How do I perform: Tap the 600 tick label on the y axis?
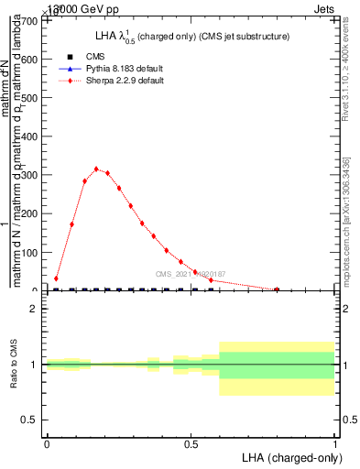pyautogui.click(x=30, y=59)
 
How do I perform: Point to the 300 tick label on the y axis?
pyautogui.click(x=30, y=174)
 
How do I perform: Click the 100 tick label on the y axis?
pyautogui.click(x=30, y=252)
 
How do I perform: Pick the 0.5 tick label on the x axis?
pyautogui.click(x=191, y=443)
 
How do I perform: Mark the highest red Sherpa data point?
pyautogui.click(x=96, y=169)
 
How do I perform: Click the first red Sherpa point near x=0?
pyautogui.click(x=56, y=278)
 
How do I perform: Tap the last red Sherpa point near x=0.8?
pyautogui.click(x=277, y=289)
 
